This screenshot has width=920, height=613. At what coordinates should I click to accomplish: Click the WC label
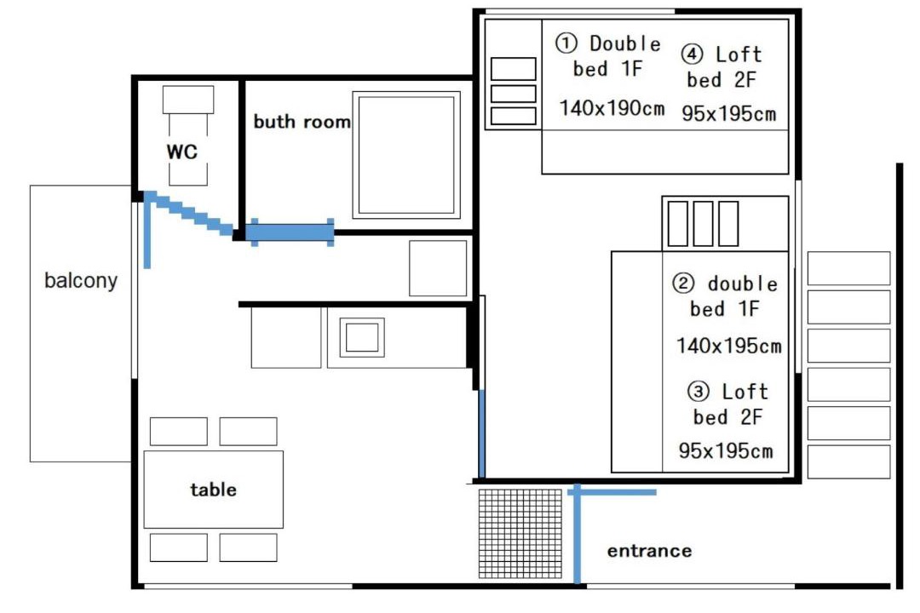point(182,152)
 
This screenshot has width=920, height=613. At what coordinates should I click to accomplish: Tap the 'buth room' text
point(302,122)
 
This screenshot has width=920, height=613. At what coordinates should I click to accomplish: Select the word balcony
point(81,280)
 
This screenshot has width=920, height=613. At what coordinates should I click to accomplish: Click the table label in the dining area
point(214,490)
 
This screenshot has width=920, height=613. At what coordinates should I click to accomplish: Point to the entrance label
point(649,551)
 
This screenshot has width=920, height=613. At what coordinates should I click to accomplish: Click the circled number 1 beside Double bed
point(566,43)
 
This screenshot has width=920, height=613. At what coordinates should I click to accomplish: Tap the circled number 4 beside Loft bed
point(692,54)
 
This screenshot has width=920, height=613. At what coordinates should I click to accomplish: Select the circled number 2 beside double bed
point(683,284)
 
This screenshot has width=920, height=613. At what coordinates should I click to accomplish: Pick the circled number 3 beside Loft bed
point(698,391)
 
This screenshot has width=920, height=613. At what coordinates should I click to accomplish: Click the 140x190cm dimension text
point(612,108)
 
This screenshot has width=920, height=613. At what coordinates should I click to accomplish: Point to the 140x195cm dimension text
point(729,346)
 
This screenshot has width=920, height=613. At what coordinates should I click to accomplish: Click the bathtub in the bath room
point(406,155)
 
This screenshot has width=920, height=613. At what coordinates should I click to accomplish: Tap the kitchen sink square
point(362,337)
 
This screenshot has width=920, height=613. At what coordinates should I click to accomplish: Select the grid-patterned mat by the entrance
point(520,533)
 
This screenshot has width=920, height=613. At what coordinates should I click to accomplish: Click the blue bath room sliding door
point(290,232)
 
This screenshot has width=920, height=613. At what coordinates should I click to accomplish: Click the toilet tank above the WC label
point(188,100)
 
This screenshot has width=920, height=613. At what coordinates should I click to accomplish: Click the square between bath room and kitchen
point(438,268)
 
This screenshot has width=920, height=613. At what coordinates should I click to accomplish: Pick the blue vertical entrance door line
point(578,534)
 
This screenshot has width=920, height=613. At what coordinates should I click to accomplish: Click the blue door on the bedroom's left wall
point(481,433)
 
